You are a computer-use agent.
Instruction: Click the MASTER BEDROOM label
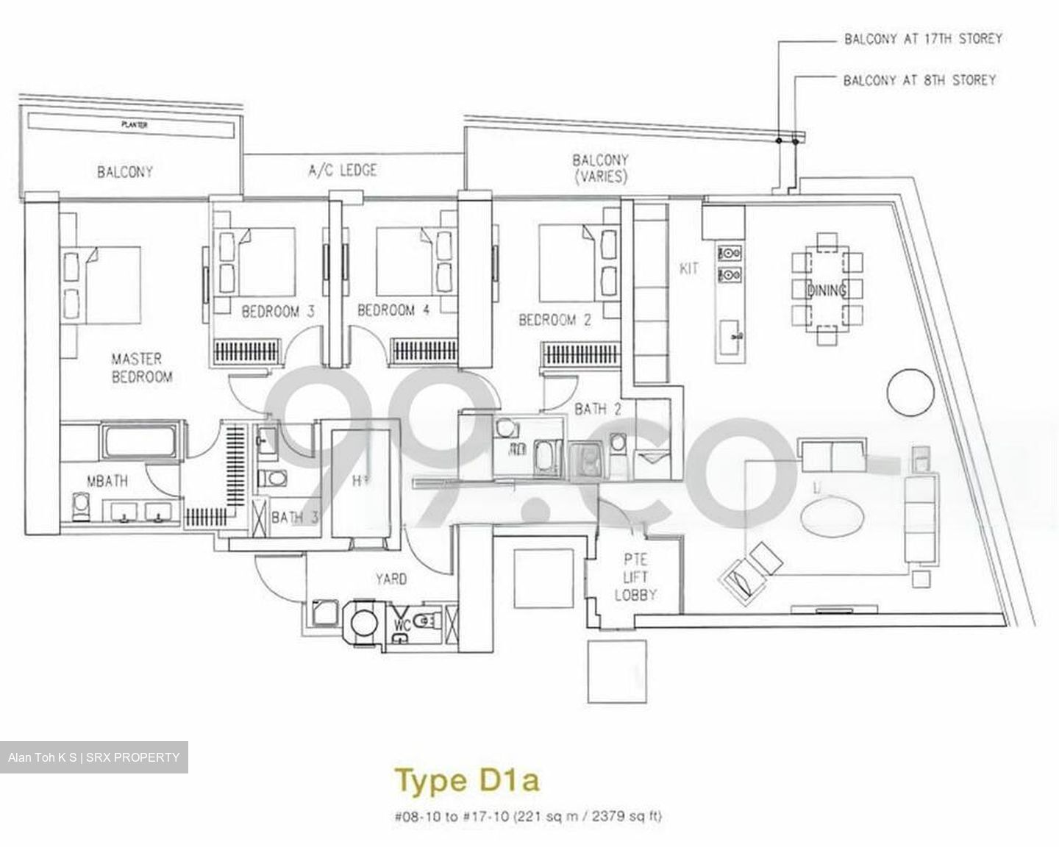tap(141, 368)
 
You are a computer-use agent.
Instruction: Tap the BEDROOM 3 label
tap(278, 312)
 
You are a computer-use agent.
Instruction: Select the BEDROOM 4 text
tap(393, 310)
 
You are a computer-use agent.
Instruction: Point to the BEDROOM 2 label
tap(555, 320)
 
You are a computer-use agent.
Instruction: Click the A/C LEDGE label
tap(342, 171)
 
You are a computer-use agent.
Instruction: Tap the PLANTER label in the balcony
tap(134, 125)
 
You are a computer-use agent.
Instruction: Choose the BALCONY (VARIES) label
tap(600, 168)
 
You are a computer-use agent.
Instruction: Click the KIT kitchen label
tap(688, 268)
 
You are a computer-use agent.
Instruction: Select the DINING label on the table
tap(826, 290)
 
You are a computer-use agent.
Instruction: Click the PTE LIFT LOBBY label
tap(635, 577)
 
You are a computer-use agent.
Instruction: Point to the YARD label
tap(391, 579)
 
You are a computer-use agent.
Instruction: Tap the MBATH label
tap(107, 482)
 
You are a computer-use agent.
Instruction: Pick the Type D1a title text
tap(467, 779)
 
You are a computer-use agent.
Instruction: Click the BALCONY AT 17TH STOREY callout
tap(922, 39)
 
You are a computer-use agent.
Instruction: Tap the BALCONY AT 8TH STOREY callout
tap(919, 79)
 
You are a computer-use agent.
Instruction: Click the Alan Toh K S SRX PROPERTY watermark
tap(93, 757)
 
